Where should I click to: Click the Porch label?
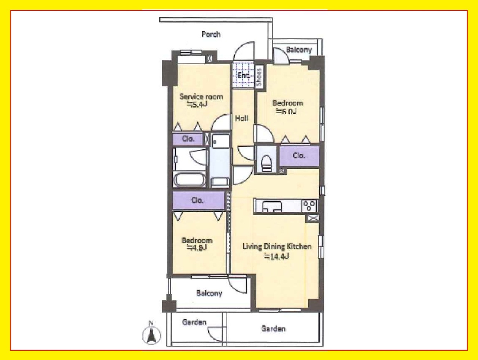(211, 34)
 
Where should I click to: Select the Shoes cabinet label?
(259, 77)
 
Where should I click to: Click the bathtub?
(190, 180)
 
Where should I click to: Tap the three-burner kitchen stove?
(309, 205)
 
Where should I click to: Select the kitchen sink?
(272, 206)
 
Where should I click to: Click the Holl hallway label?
(241, 118)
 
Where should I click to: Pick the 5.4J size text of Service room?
(197, 105)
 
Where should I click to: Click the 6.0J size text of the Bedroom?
(286, 112)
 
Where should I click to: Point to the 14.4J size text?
(276, 257)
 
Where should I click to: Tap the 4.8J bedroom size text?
(197, 247)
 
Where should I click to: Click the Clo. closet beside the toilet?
(299, 156)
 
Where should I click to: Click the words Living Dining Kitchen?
(277, 246)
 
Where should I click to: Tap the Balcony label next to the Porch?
(299, 50)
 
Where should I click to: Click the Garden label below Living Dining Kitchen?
(273, 329)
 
